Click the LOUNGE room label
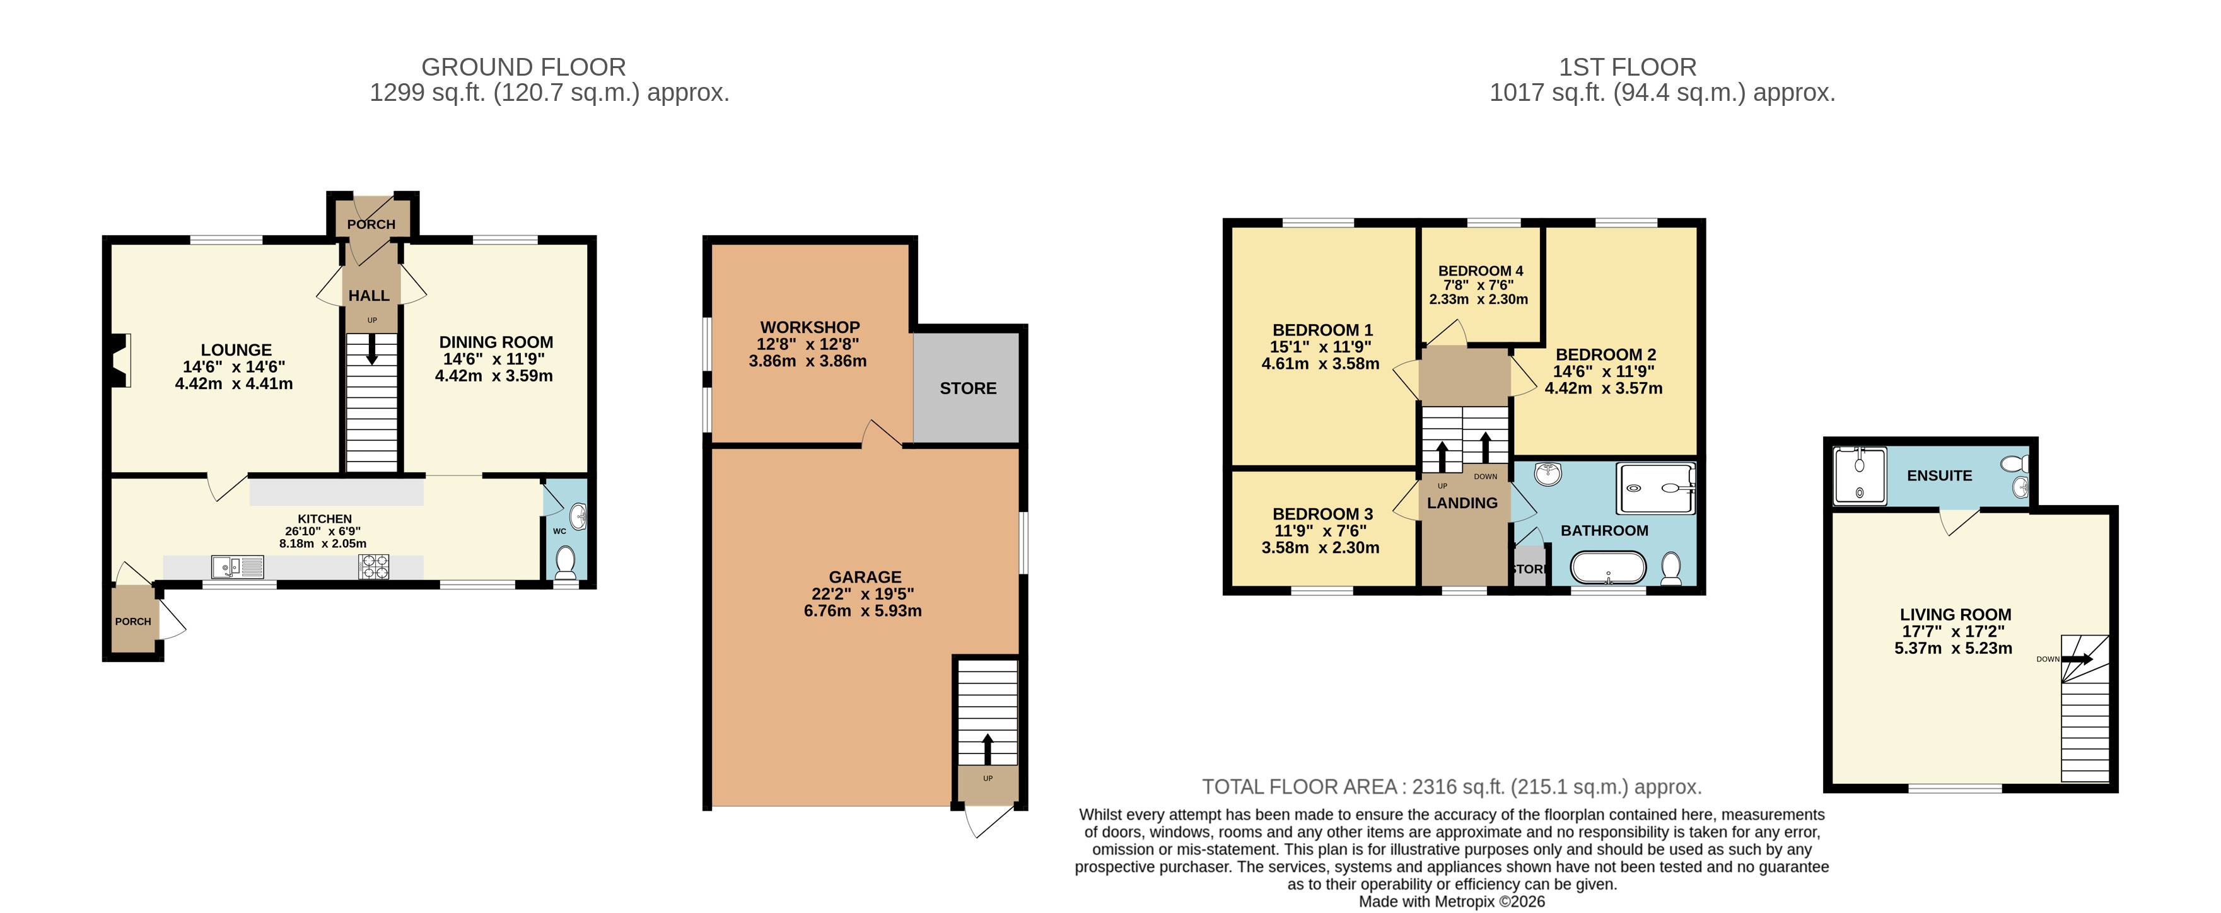point(236,350)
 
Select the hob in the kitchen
point(374,566)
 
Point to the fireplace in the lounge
point(120,361)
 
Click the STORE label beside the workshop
point(967,389)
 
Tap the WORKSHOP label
point(810,328)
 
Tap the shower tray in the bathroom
point(1655,489)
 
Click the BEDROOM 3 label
point(1322,514)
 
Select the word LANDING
point(1462,503)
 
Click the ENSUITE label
point(1939,476)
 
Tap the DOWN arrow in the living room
point(2076,660)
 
